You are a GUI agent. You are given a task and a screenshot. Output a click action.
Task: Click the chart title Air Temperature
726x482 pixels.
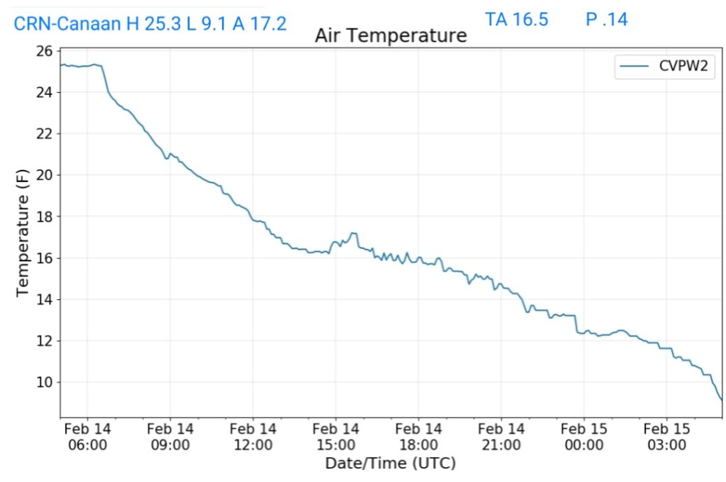pyautogui.click(x=391, y=35)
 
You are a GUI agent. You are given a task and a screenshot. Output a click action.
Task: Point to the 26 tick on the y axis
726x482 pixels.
pyautogui.click(x=44, y=51)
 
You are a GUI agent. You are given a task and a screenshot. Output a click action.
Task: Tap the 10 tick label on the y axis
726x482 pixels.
pyautogui.click(x=44, y=383)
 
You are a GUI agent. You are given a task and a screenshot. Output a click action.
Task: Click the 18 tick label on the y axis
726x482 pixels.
pyautogui.click(x=44, y=217)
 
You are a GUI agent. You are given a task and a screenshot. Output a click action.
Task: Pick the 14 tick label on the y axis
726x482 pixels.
pyautogui.click(x=44, y=300)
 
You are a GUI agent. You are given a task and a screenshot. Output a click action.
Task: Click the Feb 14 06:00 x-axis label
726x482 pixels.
pyautogui.click(x=87, y=437)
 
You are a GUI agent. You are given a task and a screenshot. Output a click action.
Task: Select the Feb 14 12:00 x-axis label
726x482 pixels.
pyautogui.click(x=253, y=437)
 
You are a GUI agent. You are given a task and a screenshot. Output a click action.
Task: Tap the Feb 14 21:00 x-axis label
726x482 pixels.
pyautogui.click(x=501, y=437)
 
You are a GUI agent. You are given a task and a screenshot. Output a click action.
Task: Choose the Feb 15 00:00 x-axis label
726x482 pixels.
pyautogui.click(x=584, y=437)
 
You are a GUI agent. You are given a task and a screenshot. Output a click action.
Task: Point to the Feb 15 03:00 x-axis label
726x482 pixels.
pyautogui.click(x=666, y=437)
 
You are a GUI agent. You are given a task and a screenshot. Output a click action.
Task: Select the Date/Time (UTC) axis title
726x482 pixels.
pyautogui.click(x=390, y=464)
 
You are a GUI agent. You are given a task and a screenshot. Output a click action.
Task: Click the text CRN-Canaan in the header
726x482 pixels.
pyautogui.click(x=67, y=23)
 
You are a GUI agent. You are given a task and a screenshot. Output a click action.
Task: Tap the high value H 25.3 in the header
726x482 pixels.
pyautogui.click(x=153, y=23)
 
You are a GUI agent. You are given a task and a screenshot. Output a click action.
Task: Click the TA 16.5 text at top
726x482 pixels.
pyautogui.click(x=516, y=19)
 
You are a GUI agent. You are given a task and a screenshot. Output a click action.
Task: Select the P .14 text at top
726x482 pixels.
pyautogui.click(x=606, y=19)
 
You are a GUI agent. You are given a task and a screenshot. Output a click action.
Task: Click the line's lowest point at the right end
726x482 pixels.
pyautogui.click(x=721, y=400)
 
